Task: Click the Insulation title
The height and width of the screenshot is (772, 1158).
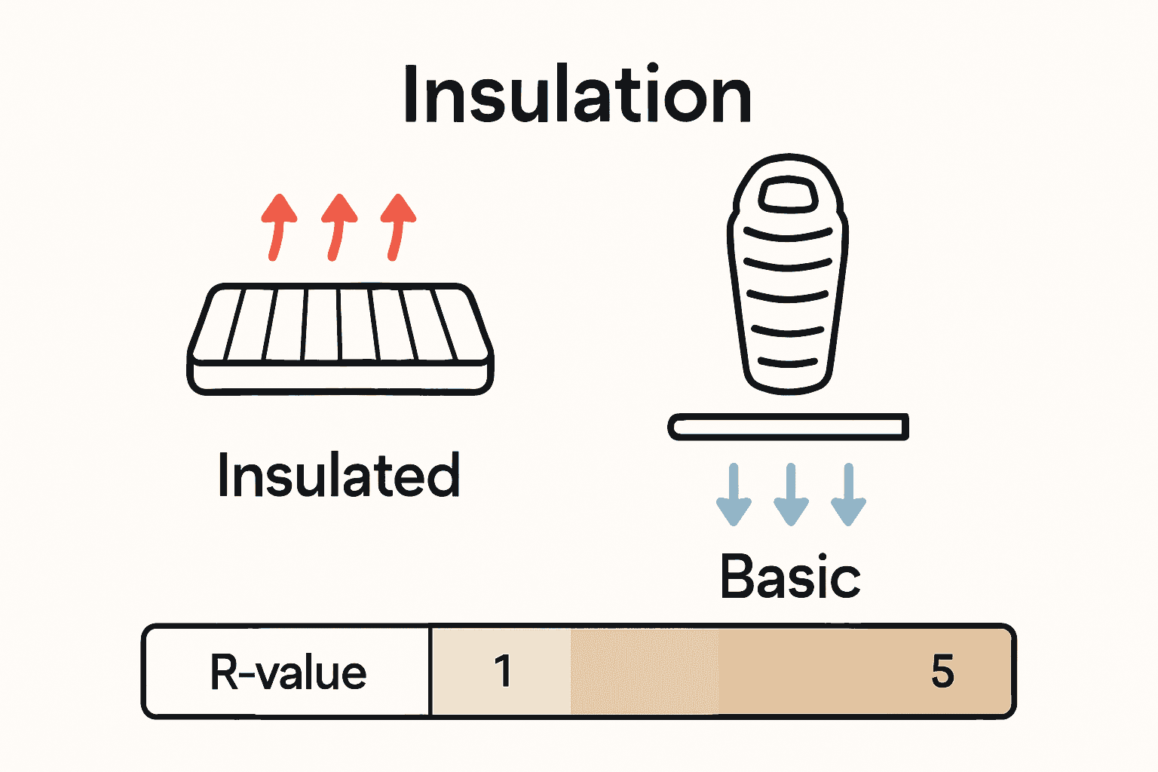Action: coord(577,95)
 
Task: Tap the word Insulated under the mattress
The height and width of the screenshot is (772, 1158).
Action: coord(339,476)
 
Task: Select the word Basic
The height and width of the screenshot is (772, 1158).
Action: coord(790,577)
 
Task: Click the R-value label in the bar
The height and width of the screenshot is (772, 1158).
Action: coord(288,672)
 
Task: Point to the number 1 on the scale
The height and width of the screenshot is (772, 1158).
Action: coord(503,671)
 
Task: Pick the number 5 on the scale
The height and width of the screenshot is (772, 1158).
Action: coord(942,671)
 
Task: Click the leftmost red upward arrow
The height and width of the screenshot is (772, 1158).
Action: coord(277,226)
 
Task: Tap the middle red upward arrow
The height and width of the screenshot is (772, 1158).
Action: coord(338,226)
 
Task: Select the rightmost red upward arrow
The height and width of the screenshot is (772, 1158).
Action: coord(397,226)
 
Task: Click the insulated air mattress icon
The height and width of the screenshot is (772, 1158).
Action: coord(340,339)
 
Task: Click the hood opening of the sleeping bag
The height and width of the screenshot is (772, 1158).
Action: coord(788,195)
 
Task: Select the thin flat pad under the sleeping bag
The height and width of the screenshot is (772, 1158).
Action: coord(788,427)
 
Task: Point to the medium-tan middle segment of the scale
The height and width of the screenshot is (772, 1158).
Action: coord(645,671)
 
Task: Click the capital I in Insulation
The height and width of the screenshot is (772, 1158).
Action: coord(411,95)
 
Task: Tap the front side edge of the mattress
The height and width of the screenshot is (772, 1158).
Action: coord(340,376)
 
